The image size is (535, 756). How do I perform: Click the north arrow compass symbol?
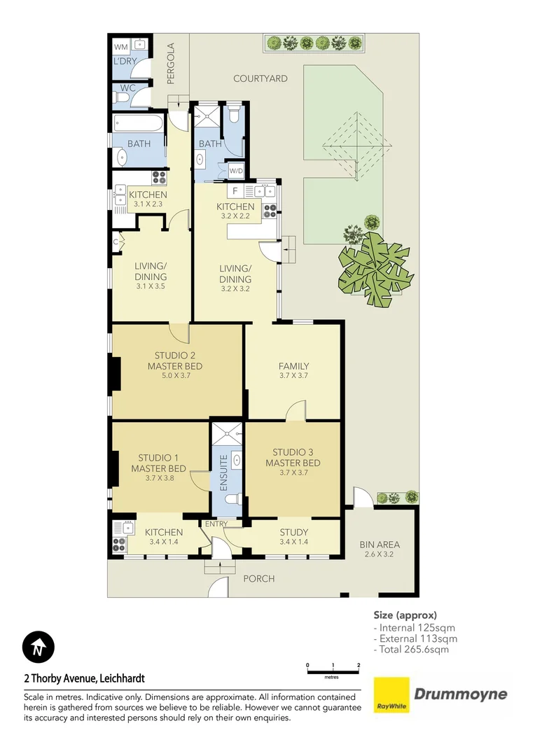(39, 647)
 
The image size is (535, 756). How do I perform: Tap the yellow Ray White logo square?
(391, 694)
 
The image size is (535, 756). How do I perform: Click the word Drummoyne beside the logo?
(461, 694)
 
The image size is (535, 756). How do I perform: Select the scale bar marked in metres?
(333, 671)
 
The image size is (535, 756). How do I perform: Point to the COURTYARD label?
(260, 78)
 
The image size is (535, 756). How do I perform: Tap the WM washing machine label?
(120, 47)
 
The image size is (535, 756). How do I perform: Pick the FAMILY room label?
(293, 366)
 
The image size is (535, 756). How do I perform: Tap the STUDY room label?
(293, 532)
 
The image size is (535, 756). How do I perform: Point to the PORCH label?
(258, 578)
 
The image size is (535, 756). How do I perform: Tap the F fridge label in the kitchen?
(235, 190)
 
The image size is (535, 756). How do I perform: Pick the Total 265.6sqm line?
(414, 649)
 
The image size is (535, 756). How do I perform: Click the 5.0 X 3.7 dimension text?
(174, 376)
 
